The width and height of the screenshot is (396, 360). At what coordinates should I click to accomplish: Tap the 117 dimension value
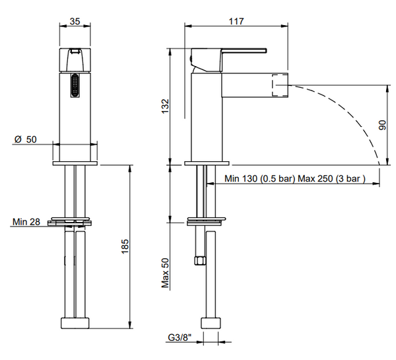coord(237,21)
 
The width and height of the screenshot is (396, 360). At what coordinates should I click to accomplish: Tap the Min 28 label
coord(26,221)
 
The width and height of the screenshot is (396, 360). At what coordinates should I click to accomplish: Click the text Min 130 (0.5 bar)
coord(259,179)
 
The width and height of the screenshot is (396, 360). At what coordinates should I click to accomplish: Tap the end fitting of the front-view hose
coord(75,323)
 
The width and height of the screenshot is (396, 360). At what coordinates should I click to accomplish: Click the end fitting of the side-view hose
coord(211,323)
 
